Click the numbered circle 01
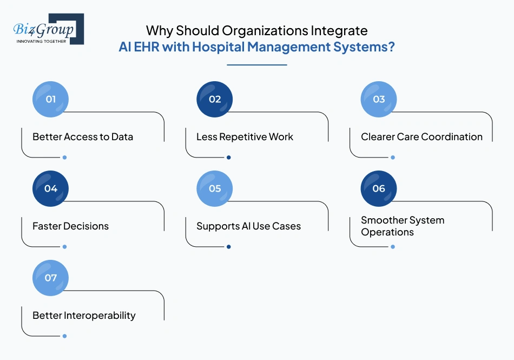click(x=51, y=99)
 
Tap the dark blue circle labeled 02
click(x=215, y=99)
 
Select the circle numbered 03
click(x=379, y=99)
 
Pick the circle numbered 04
click(x=51, y=188)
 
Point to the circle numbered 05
click(x=215, y=188)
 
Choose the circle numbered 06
click(x=379, y=188)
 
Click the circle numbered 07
click(x=51, y=278)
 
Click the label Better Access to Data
click(x=83, y=137)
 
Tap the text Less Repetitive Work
click(x=245, y=137)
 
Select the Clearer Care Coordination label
click(x=421, y=137)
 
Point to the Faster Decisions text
click(x=70, y=226)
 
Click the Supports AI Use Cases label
click(x=248, y=226)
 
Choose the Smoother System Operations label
click(x=403, y=226)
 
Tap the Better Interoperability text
click(x=84, y=316)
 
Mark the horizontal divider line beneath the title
click(x=256, y=65)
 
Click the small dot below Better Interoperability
click(x=64, y=336)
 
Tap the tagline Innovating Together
click(x=42, y=41)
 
